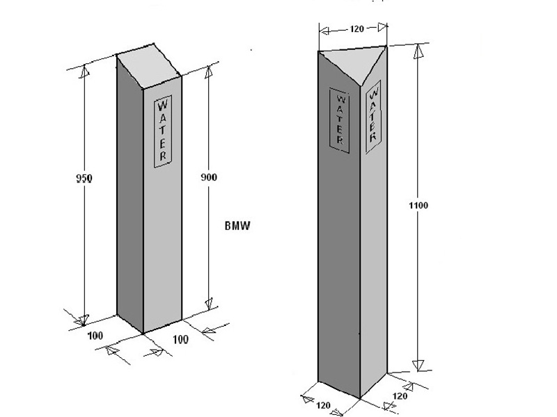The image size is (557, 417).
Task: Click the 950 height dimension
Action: [84, 178]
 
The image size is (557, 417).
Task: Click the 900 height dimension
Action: [208, 177]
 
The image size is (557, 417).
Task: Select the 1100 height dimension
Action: [418, 205]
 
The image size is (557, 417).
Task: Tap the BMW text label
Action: [237, 226]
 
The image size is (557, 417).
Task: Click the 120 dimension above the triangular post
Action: [357, 28]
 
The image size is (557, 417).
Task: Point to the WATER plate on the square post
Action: [163, 131]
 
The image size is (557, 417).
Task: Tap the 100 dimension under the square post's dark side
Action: [95, 336]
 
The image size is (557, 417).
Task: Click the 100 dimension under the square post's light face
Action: [180, 340]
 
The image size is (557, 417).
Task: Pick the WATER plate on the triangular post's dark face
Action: [339, 120]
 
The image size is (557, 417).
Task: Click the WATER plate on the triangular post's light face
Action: [373, 117]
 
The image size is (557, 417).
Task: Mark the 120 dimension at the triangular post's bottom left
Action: [323, 405]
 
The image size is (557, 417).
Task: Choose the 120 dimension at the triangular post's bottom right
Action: [400, 395]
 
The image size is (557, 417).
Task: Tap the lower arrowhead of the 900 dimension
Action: [209, 303]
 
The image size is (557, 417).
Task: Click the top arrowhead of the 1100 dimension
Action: [419, 51]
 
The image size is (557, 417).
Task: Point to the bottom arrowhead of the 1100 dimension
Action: [418, 366]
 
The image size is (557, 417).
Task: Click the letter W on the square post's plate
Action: [162, 106]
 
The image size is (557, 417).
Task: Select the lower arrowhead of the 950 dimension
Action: [84, 320]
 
